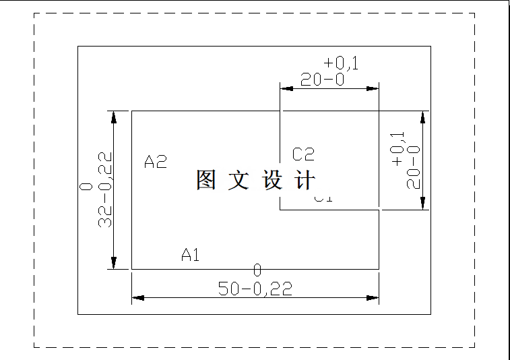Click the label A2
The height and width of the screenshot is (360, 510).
[156, 162]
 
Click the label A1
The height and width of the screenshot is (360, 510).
[191, 255]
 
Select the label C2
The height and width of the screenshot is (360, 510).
[303, 154]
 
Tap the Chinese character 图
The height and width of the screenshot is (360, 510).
[206, 180]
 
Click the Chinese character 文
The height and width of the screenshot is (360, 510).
[238, 180]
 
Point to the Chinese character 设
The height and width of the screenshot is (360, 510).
[272, 180]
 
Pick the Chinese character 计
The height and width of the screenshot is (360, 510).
[305, 180]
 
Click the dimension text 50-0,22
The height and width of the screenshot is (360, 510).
[255, 289]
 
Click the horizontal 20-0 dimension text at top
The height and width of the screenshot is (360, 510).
[323, 80]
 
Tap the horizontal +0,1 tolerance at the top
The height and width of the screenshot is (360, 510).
[341, 63]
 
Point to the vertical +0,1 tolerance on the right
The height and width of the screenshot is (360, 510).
[397, 148]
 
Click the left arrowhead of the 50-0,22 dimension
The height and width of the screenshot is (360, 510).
[138, 297]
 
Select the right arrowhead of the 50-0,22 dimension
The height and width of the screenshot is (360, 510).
[372, 297]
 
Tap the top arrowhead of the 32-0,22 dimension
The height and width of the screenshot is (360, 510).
[114, 117]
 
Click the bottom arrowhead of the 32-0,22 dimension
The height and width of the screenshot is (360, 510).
[114, 262]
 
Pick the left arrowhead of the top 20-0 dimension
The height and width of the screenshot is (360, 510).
[286, 88]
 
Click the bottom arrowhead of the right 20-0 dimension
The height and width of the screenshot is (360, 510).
[422, 203]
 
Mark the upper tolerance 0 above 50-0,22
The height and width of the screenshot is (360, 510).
[257, 270]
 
